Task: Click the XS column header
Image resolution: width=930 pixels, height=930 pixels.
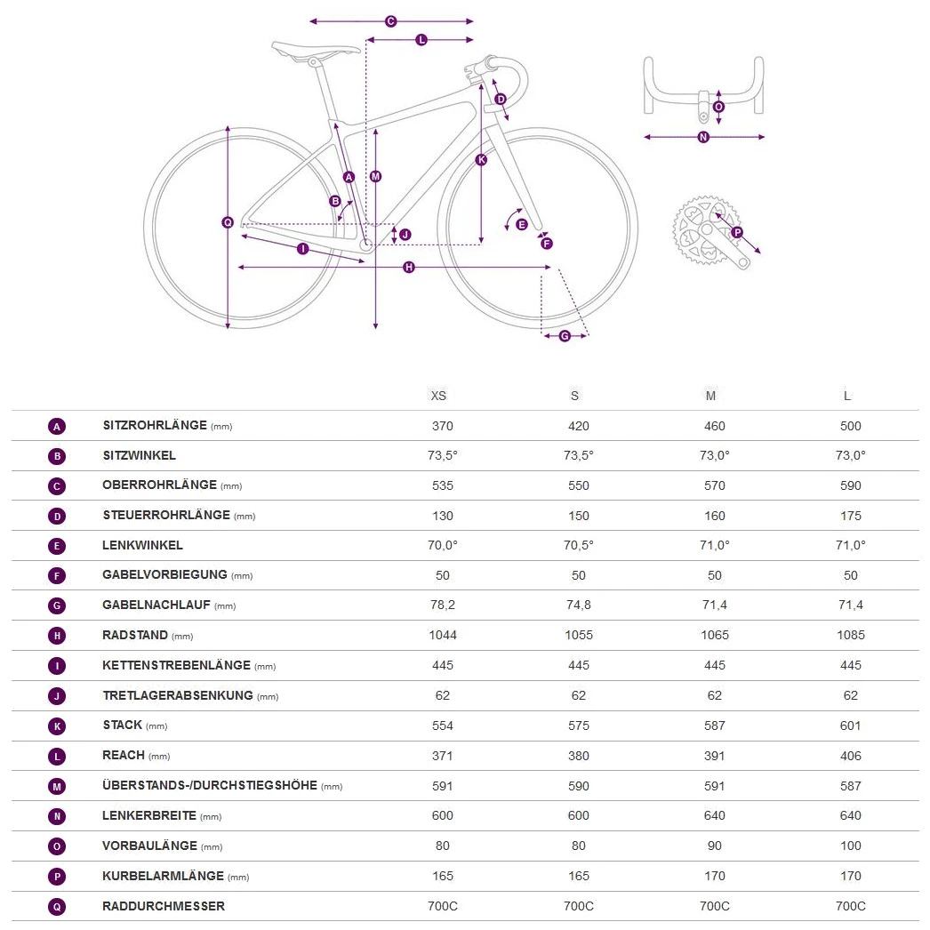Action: (438, 396)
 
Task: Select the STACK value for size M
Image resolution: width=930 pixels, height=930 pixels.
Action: (715, 726)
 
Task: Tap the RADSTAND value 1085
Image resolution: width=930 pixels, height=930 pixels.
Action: (851, 635)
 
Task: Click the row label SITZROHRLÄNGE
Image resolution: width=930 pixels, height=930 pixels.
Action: (155, 426)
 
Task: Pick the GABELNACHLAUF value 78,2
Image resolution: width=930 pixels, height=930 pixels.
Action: (443, 605)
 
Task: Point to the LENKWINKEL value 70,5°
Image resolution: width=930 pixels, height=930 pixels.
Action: (579, 545)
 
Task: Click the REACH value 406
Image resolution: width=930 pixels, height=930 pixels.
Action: (851, 756)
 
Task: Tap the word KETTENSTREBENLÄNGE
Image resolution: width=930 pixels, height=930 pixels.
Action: (176, 665)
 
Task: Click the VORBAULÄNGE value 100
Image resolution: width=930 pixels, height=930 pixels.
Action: (851, 846)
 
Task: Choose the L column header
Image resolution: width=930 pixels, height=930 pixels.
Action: (847, 396)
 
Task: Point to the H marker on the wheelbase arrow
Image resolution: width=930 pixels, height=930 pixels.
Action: (409, 267)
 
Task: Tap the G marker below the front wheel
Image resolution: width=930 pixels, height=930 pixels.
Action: (565, 335)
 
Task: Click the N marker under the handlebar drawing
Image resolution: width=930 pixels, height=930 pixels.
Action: (703, 137)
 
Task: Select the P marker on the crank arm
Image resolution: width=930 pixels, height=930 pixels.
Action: (736, 233)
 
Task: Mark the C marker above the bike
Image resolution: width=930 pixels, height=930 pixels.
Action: (390, 20)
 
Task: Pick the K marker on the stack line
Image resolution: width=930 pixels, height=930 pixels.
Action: (481, 160)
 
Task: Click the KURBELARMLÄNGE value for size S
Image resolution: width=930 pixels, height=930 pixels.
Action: (579, 876)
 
